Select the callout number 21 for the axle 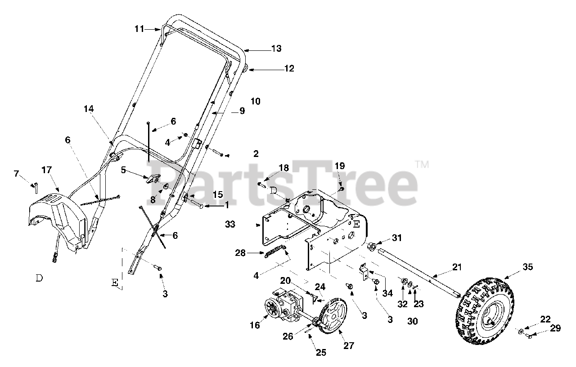click(x=457, y=268)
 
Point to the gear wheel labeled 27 click(x=336, y=316)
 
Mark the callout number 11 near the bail click(x=139, y=29)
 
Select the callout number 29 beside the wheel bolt click(x=555, y=328)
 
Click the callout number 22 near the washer click(x=545, y=319)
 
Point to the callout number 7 click(x=17, y=174)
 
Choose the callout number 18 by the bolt click(x=283, y=167)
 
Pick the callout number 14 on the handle click(x=89, y=108)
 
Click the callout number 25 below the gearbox click(x=320, y=353)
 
